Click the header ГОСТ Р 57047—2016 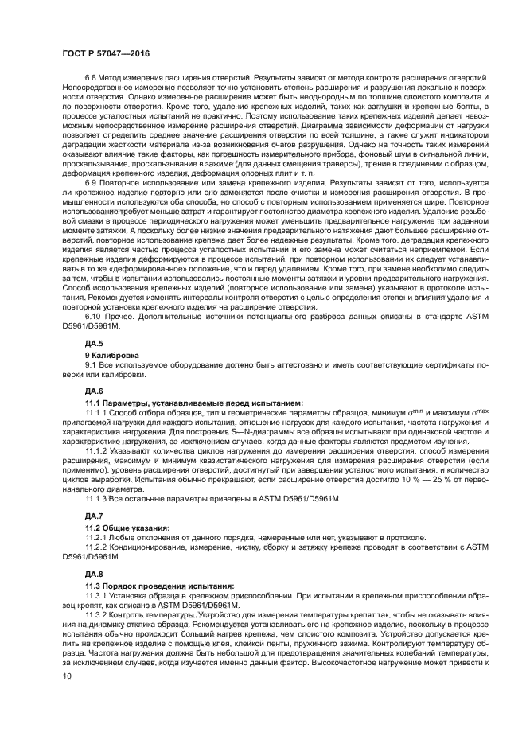coord(105,54)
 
